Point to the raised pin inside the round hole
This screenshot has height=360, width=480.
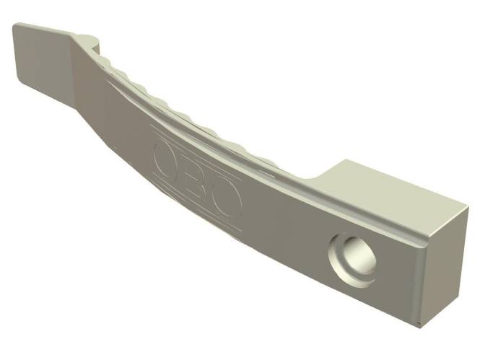tap(359, 256)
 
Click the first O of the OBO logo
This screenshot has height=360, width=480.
tap(167, 159)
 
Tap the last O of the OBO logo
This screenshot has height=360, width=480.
tap(227, 202)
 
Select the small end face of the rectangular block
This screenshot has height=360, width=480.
tap(445, 267)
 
